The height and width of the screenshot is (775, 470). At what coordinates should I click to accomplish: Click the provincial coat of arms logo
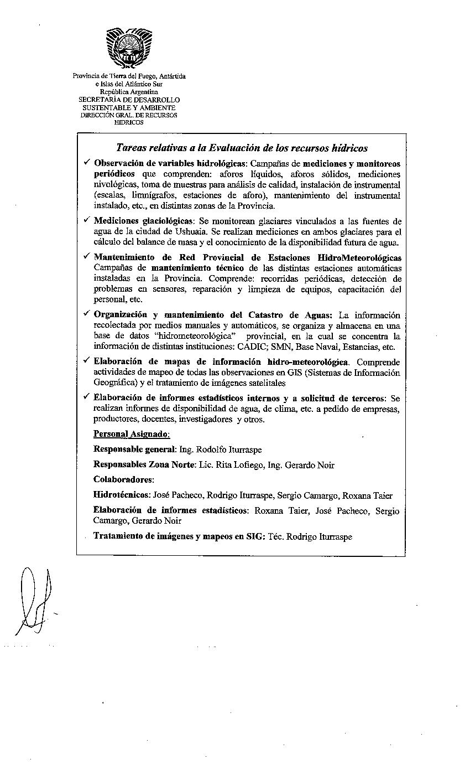(x=128, y=48)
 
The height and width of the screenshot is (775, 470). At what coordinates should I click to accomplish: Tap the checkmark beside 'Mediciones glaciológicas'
(x=87, y=220)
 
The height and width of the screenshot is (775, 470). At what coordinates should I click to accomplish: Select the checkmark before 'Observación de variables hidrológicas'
(x=87, y=162)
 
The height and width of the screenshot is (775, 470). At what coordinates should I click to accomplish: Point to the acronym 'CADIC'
(x=254, y=347)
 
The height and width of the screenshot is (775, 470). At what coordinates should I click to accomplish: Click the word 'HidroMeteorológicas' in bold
(x=359, y=258)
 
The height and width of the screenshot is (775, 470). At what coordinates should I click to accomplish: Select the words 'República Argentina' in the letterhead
(x=128, y=91)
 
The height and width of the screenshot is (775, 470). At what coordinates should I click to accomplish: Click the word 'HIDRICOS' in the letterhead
(x=128, y=122)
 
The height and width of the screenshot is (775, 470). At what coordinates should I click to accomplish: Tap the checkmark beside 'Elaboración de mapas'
(x=87, y=360)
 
